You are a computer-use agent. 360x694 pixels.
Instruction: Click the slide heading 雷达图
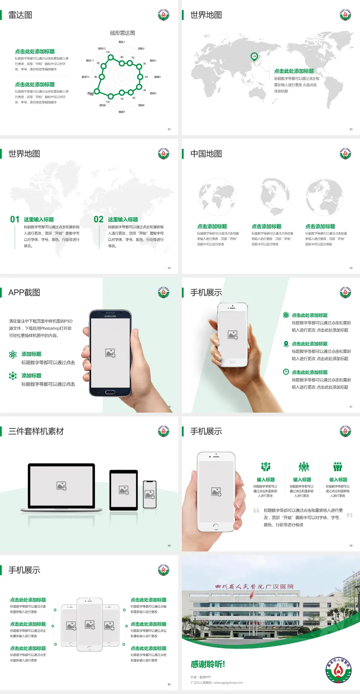pyautogui.click(x=20, y=15)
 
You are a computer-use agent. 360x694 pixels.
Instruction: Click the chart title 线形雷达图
pyautogui.click(x=122, y=33)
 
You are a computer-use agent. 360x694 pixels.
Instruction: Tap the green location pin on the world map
pyautogui.click(x=254, y=57)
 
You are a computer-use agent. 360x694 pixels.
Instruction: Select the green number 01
pyautogui.click(x=15, y=219)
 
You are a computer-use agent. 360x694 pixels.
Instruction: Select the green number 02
pyautogui.click(x=99, y=219)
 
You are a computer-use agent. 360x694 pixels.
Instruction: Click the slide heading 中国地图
pyautogui.click(x=206, y=154)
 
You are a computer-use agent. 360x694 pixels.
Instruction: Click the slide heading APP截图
pyautogui.click(x=24, y=293)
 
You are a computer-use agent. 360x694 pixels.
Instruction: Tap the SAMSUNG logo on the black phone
pyautogui.click(x=110, y=316)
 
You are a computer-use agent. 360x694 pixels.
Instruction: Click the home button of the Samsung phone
pyautogui.click(x=110, y=392)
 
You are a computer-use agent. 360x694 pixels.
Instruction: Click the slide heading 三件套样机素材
pyautogui.click(x=36, y=431)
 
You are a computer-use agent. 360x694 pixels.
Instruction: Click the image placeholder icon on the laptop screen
pyautogui.click(x=61, y=486)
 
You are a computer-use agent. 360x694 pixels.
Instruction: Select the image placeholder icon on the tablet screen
pyautogui.click(x=124, y=490)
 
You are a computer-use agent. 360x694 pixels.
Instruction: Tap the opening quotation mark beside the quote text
pyautogui.click(x=256, y=511)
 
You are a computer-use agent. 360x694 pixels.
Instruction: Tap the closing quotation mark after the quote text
pyautogui.click(x=349, y=515)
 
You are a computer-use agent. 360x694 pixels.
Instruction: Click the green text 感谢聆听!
pyautogui.click(x=208, y=664)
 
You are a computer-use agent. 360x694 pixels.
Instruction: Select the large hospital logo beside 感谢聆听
pyautogui.click(x=338, y=670)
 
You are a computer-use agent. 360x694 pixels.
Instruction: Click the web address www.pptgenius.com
pyautogui.click(x=228, y=683)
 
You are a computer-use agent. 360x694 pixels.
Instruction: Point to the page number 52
pyautogui.click(x=169, y=129)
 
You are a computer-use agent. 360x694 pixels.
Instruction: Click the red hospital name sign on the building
pyautogui.click(x=254, y=587)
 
